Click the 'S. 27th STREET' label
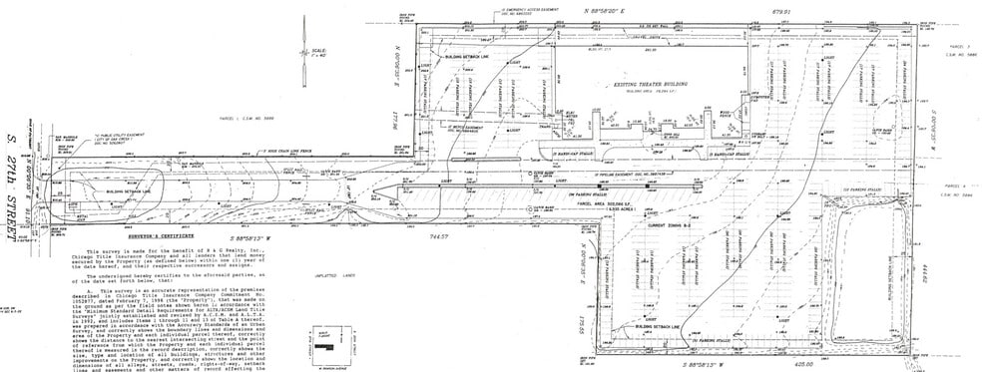[x=15, y=180]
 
